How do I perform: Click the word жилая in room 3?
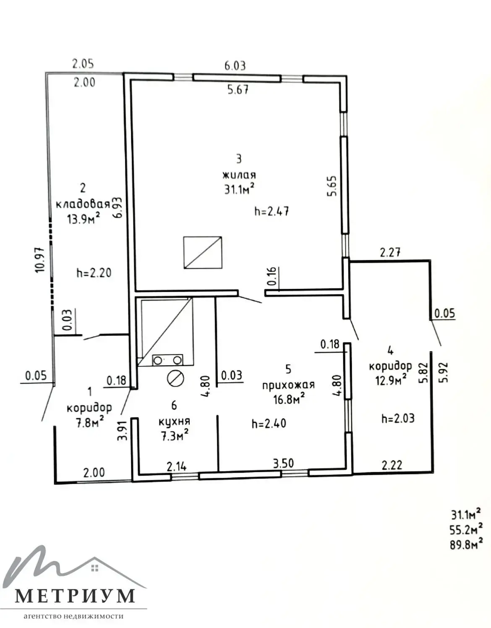tap(239, 175)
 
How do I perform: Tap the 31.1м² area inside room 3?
tap(240, 189)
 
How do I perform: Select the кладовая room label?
tap(83, 204)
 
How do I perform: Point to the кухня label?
tap(174, 421)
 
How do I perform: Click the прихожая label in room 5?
tap(288, 385)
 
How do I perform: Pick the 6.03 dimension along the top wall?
tap(235, 65)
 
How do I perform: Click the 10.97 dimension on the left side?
tap(40, 260)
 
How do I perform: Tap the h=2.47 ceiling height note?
tap(272, 211)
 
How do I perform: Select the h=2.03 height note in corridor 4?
tap(398, 418)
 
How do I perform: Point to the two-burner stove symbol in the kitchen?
tap(167, 360)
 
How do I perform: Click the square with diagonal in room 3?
tap(203, 252)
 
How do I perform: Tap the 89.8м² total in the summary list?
tap(466, 544)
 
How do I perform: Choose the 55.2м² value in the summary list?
tap(466, 529)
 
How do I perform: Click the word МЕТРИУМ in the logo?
tap(75, 595)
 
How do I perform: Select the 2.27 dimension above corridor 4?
tap(390, 252)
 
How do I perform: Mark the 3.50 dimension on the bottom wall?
tap(283, 463)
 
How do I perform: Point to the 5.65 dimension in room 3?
tap(332, 186)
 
